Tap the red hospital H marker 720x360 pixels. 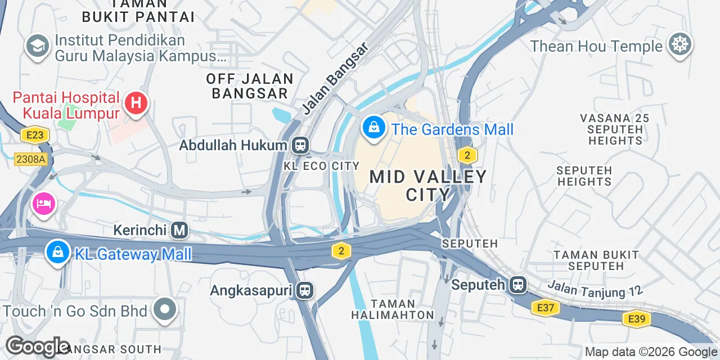tap(136, 103)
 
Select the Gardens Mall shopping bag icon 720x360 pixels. tap(373, 128)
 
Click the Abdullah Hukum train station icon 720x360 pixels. tap(300, 146)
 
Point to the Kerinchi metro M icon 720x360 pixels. tap(179, 230)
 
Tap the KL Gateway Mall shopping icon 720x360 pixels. tap(57, 253)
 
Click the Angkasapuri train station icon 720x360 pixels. tap(305, 290)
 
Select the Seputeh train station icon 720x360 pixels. tap(518, 285)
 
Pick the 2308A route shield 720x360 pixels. tap(30, 159)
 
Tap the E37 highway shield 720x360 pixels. tap(546, 308)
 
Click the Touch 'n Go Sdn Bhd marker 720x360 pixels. tap(165, 310)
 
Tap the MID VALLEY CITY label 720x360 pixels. tap(428, 185)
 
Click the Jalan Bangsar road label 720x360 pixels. tap(335, 78)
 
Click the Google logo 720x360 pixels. tap(37, 347)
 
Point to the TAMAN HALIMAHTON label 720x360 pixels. tap(393, 309)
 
